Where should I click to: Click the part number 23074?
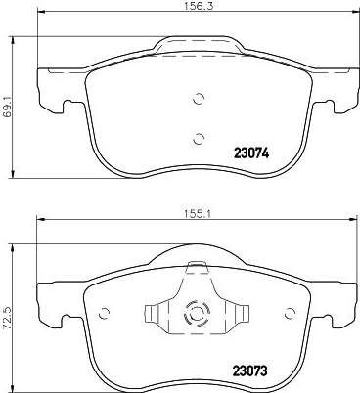pyautogui.click(x=251, y=153)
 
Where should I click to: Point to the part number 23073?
pyautogui.click(x=249, y=371)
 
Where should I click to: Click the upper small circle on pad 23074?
pyautogui.click(x=198, y=99)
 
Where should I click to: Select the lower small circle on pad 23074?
pyautogui.click(x=198, y=139)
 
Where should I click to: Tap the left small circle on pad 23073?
pyautogui.click(x=104, y=314)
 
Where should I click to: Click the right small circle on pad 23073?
pyautogui.click(x=289, y=314)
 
